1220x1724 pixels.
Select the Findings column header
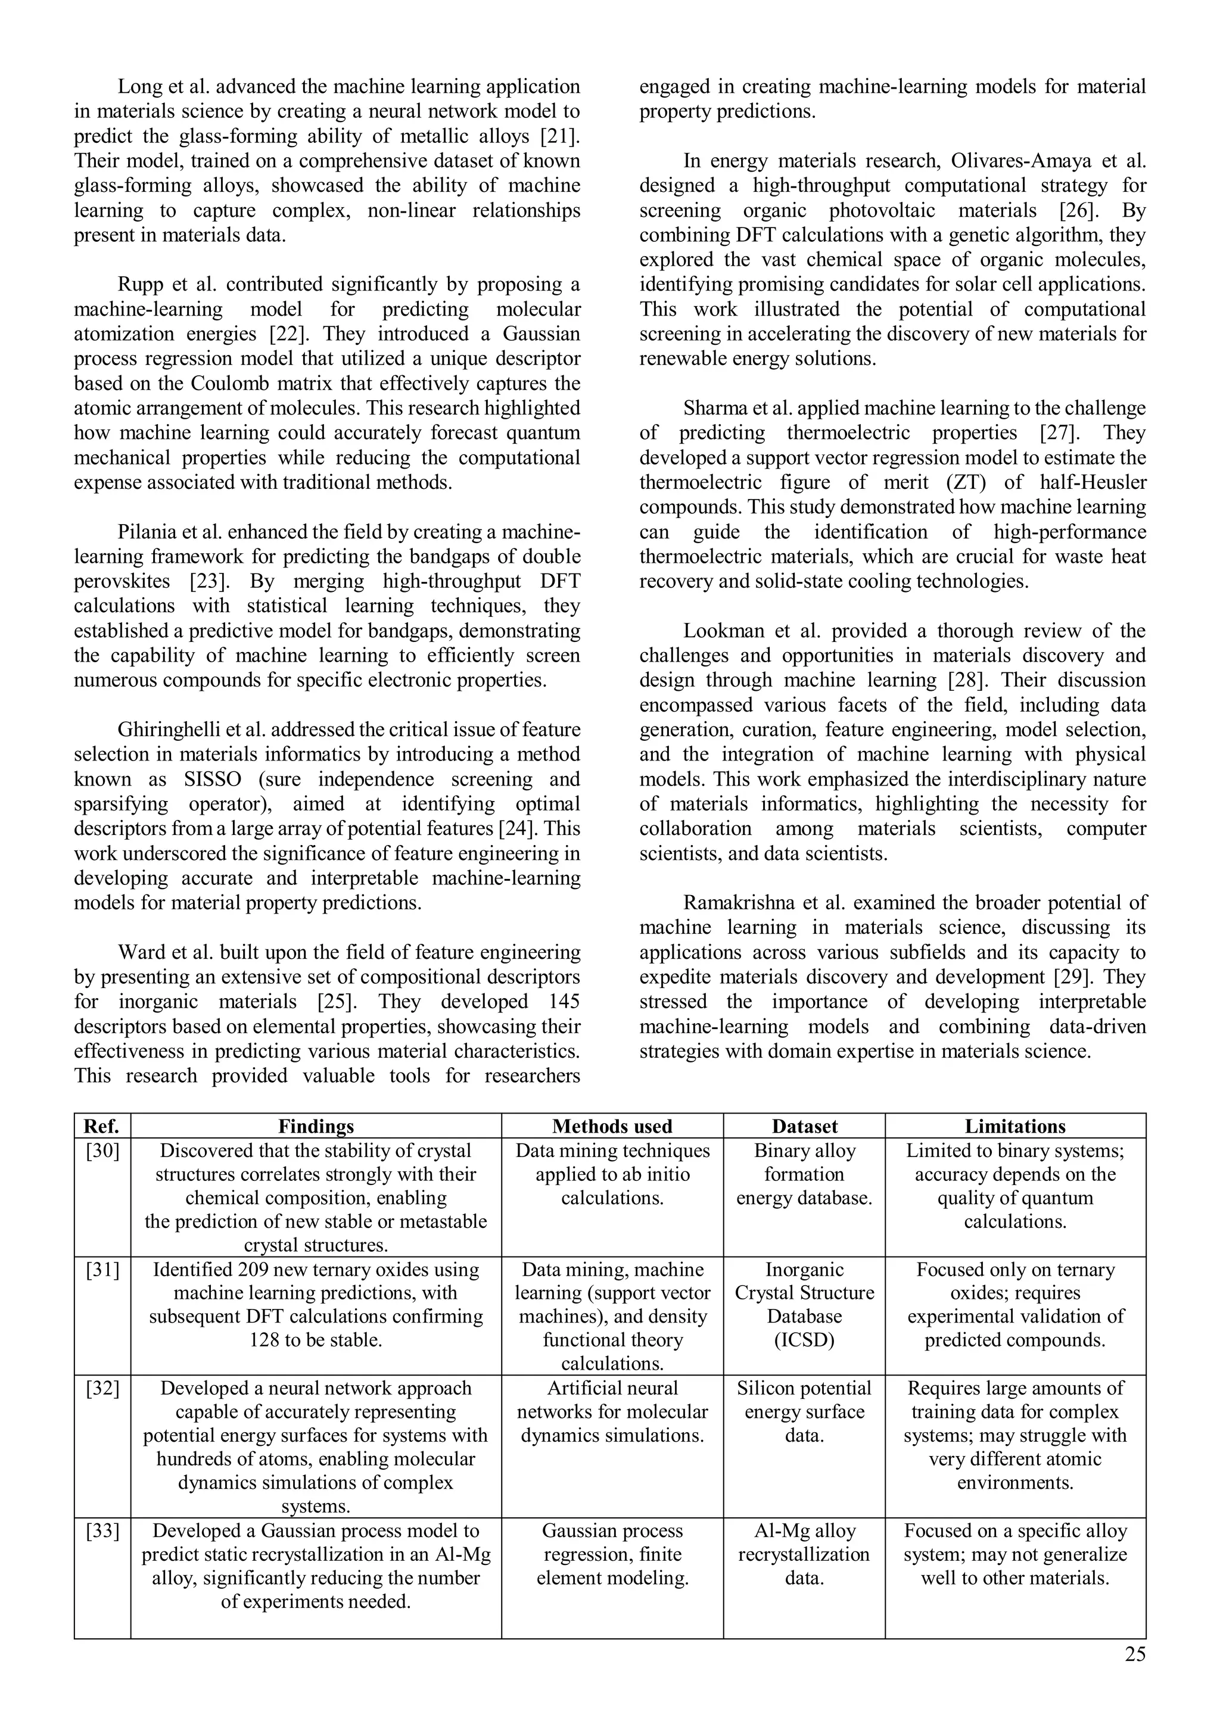(x=316, y=1126)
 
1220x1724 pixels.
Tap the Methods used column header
(x=612, y=1126)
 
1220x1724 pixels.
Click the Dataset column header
(x=804, y=1126)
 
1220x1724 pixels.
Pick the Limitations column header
(x=1015, y=1126)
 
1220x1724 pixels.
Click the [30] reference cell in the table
(x=102, y=1151)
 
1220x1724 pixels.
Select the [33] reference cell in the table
(x=102, y=1530)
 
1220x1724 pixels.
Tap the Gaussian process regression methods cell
(x=612, y=1554)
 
